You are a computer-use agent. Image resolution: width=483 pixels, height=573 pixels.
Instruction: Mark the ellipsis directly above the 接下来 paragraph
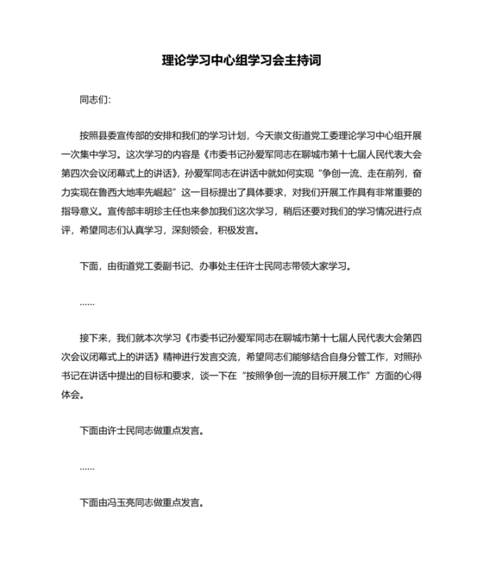86,302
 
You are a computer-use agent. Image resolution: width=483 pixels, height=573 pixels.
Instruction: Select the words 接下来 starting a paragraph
94,338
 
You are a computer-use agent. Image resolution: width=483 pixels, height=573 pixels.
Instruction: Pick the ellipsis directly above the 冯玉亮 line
86,465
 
